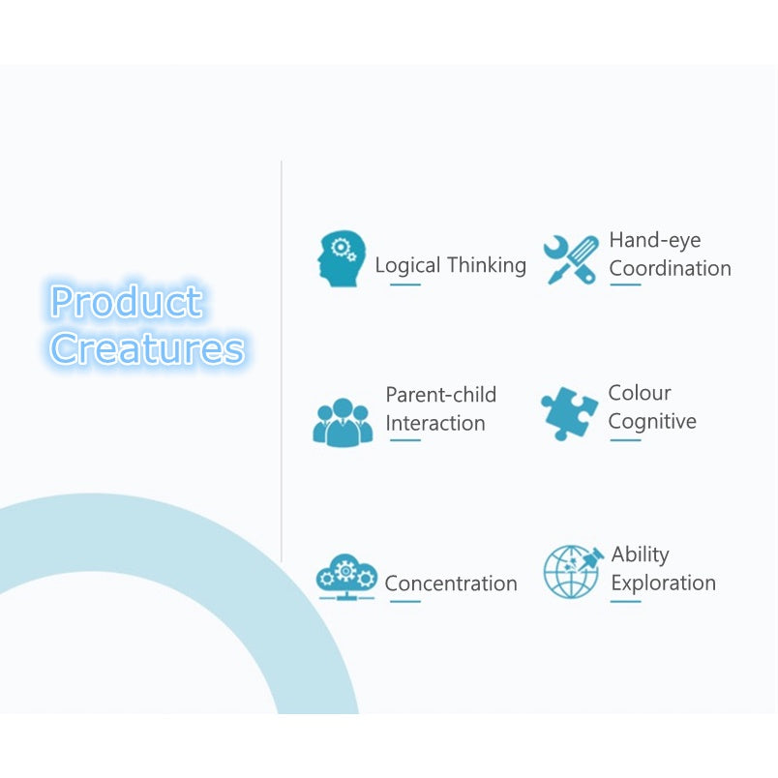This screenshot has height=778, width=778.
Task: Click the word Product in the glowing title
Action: coord(127,301)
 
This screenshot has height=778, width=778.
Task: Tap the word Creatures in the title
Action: coord(147,348)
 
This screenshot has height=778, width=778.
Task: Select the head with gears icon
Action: coord(342,258)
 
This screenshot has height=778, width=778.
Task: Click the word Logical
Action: coord(407,265)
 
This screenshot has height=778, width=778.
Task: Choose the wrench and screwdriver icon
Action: coord(571,259)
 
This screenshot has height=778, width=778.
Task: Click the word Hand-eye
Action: coord(655,241)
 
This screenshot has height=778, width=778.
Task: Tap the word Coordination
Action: coord(671,268)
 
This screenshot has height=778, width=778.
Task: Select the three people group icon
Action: coord(343,423)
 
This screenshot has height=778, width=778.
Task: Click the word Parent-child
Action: coord(441,395)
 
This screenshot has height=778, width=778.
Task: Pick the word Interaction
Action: coord(435,423)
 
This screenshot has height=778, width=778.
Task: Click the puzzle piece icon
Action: coord(569,413)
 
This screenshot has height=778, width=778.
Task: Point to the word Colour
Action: coord(640,393)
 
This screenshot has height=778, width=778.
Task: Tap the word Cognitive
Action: coord(652,422)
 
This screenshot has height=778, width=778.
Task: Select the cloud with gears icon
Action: coord(346,577)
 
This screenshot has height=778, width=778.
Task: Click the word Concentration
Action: coord(451,583)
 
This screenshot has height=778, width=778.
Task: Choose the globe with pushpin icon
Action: coord(573,572)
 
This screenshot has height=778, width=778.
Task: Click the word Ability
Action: coord(640,554)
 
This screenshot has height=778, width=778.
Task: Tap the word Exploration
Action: coord(664,583)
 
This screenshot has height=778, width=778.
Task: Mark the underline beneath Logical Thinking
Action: coord(405,284)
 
